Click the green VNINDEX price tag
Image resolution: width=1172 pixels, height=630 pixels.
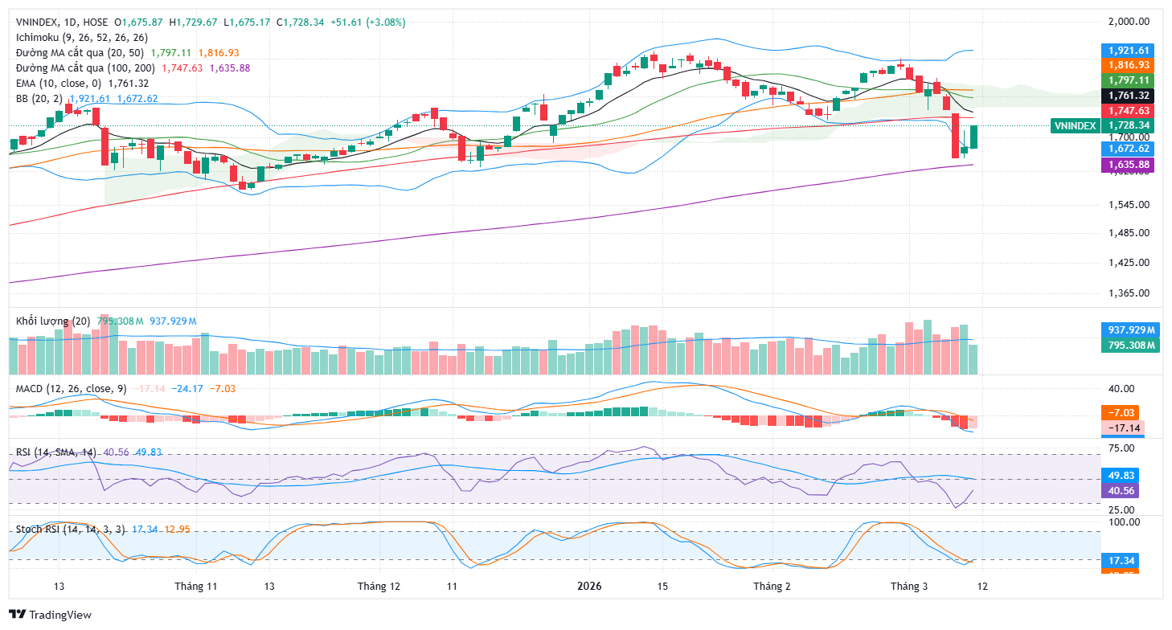1074,125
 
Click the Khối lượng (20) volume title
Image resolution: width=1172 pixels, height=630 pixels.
53,321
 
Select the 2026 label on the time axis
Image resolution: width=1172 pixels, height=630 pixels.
591,587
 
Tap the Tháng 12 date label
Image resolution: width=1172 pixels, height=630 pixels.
379,587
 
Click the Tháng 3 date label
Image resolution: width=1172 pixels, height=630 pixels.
910,587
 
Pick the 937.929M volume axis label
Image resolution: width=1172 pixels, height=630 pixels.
1128,330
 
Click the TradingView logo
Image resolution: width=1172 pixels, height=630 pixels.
50,615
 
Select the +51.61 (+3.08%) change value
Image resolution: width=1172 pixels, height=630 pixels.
368,22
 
